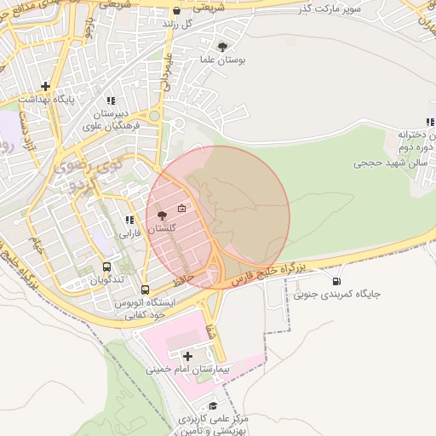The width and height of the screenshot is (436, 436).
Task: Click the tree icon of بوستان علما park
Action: [x=223, y=47]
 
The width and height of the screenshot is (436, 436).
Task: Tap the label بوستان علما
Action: [x=223, y=62]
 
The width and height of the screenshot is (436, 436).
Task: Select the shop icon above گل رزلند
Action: [x=176, y=11]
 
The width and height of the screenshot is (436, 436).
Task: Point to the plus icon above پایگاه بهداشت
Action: [x=44, y=86]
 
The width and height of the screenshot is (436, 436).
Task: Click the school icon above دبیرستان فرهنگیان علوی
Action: [x=111, y=100]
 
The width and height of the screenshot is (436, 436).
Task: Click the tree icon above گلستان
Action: [x=162, y=215]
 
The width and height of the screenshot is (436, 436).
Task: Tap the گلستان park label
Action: [x=162, y=230]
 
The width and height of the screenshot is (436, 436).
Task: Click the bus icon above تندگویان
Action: [x=107, y=266]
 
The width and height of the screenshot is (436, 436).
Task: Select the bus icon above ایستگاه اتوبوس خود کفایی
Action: [x=145, y=290]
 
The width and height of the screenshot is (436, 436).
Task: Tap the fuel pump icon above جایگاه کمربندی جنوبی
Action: [x=336, y=281]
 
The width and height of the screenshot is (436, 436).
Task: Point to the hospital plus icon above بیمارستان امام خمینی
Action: [x=187, y=355]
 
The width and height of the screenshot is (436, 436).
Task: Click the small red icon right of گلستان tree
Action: [x=181, y=209]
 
